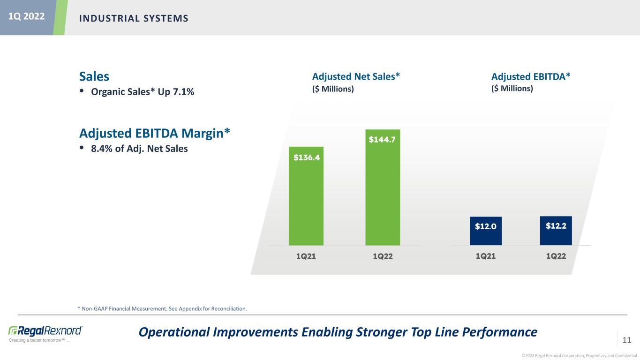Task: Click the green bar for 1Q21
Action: [x=306, y=196]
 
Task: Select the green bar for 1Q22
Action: [x=383, y=187]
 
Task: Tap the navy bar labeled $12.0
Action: [x=486, y=231]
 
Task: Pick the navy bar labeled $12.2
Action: [x=556, y=231]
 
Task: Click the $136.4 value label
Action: [x=307, y=157]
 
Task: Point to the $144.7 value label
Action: [x=382, y=139]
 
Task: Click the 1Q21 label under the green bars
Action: [x=306, y=256]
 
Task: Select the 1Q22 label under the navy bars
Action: [x=556, y=256]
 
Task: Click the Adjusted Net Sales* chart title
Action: [x=356, y=76]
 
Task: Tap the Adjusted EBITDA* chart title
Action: [x=531, y=76]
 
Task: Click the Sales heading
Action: [x=94, y=76]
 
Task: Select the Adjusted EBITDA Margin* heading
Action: [x=155, y=134]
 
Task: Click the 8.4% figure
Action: [x=102, y=149]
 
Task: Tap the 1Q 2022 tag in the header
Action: [x=26, y=16]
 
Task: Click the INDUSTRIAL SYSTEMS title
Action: [x=134, y=18]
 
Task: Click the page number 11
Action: [x=626, y=340]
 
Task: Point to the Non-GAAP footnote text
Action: [x=162, y=308]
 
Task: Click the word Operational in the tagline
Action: [x=174, y=332]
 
